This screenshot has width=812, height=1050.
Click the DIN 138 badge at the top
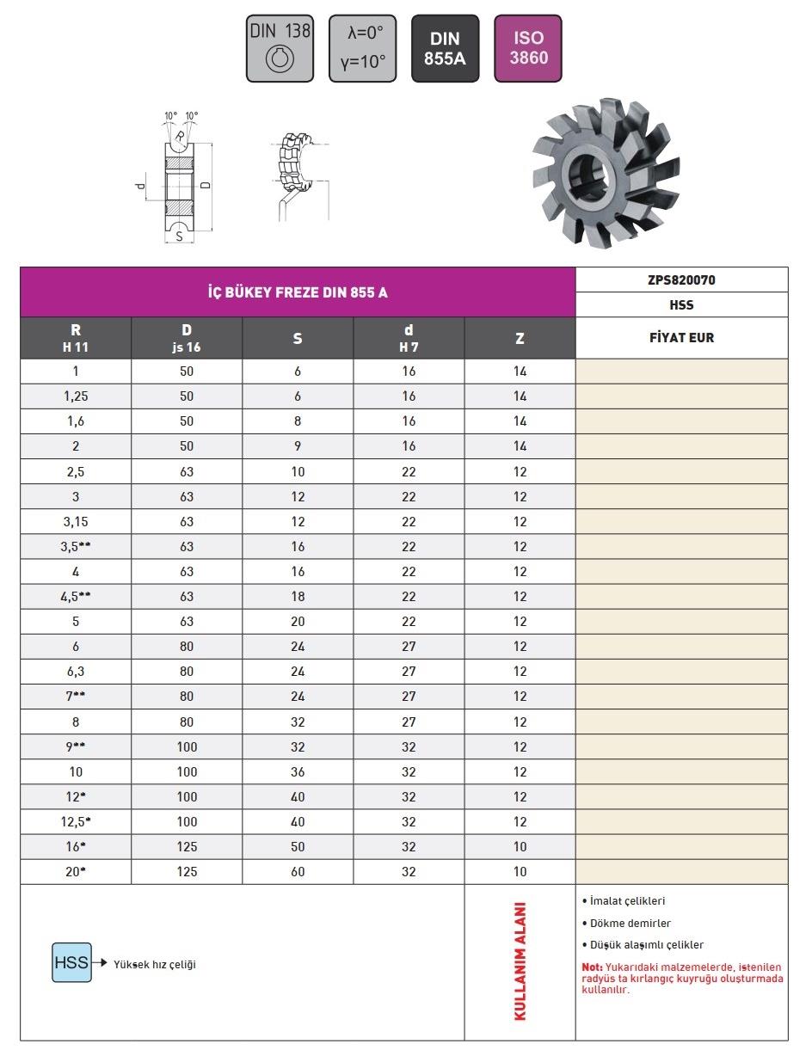pos(280,48)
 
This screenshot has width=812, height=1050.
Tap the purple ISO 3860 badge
pos(528,48)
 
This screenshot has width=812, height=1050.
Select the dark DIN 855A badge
pos(446,48)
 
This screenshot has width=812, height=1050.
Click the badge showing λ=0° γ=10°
pos(362,48)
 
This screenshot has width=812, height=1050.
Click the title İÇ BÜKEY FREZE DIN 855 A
pos(298,292)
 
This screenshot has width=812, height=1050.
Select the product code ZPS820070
pos(682,279)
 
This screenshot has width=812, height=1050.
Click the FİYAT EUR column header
pos(682,338)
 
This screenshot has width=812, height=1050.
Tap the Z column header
pos(520,338)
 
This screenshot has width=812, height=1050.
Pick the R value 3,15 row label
pos(76,521)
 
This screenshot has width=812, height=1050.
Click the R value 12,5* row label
pos(76,821)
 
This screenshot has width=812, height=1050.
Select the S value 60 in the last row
pos(298,871)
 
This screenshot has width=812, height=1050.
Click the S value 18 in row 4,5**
pos(298,596)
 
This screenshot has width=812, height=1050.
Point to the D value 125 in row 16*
pos(187,846)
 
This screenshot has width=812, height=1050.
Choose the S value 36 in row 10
pos(298,771)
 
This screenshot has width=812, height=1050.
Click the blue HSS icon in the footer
pos(71,963)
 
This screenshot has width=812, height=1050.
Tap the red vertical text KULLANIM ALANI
pos(520,961)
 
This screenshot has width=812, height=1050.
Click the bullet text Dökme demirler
pos(631,923)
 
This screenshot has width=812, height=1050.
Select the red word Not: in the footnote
pos(593,967)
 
